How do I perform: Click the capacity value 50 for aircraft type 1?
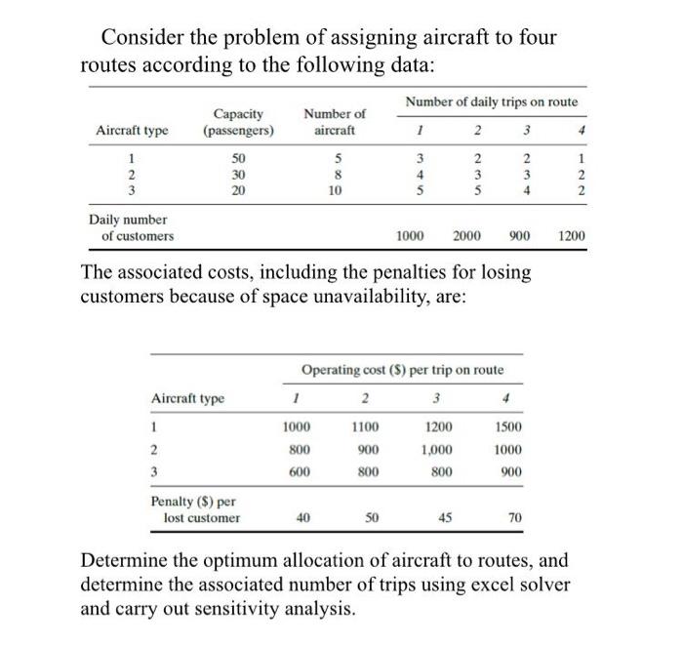pos(238,158)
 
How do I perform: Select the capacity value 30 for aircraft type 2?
pos(238,175)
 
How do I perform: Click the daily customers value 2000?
pos(470,236)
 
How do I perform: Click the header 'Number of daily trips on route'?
pos(491,101)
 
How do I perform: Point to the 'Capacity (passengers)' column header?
pos(238,122)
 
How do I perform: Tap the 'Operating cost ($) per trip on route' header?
pos(402,370)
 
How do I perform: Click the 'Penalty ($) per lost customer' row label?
pos(195,509)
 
